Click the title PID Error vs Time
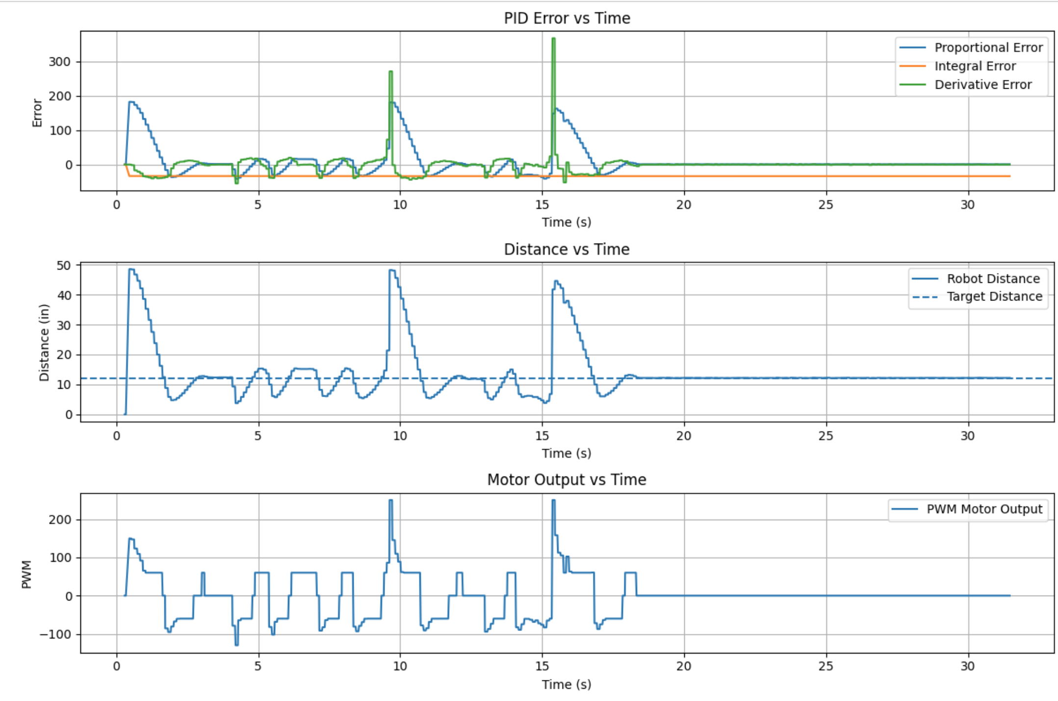tap(567, 18)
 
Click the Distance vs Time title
tap(567, 249)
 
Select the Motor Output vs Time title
tap(567, 479)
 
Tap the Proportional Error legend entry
tap(988, 48)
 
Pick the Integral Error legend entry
tap(975, 66)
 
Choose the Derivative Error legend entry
tap(982, 85)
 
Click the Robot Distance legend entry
tap(993, 278)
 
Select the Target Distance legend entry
tap(994, 297)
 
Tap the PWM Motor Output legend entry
tap(984, 509)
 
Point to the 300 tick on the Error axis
tap(59, 62)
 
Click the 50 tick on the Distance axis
tap(64, 265)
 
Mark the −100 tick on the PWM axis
tap(55, 634)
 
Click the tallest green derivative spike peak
tap(553, 39)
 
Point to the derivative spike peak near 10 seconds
tap(390, 72)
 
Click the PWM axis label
tap(26, 574)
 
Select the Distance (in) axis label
tap(44, 342)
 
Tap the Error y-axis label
tap(37, 112)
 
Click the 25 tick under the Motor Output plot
tap(826, 666)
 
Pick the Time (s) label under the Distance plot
tap(567, 453)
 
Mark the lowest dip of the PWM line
tap(236, 645)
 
